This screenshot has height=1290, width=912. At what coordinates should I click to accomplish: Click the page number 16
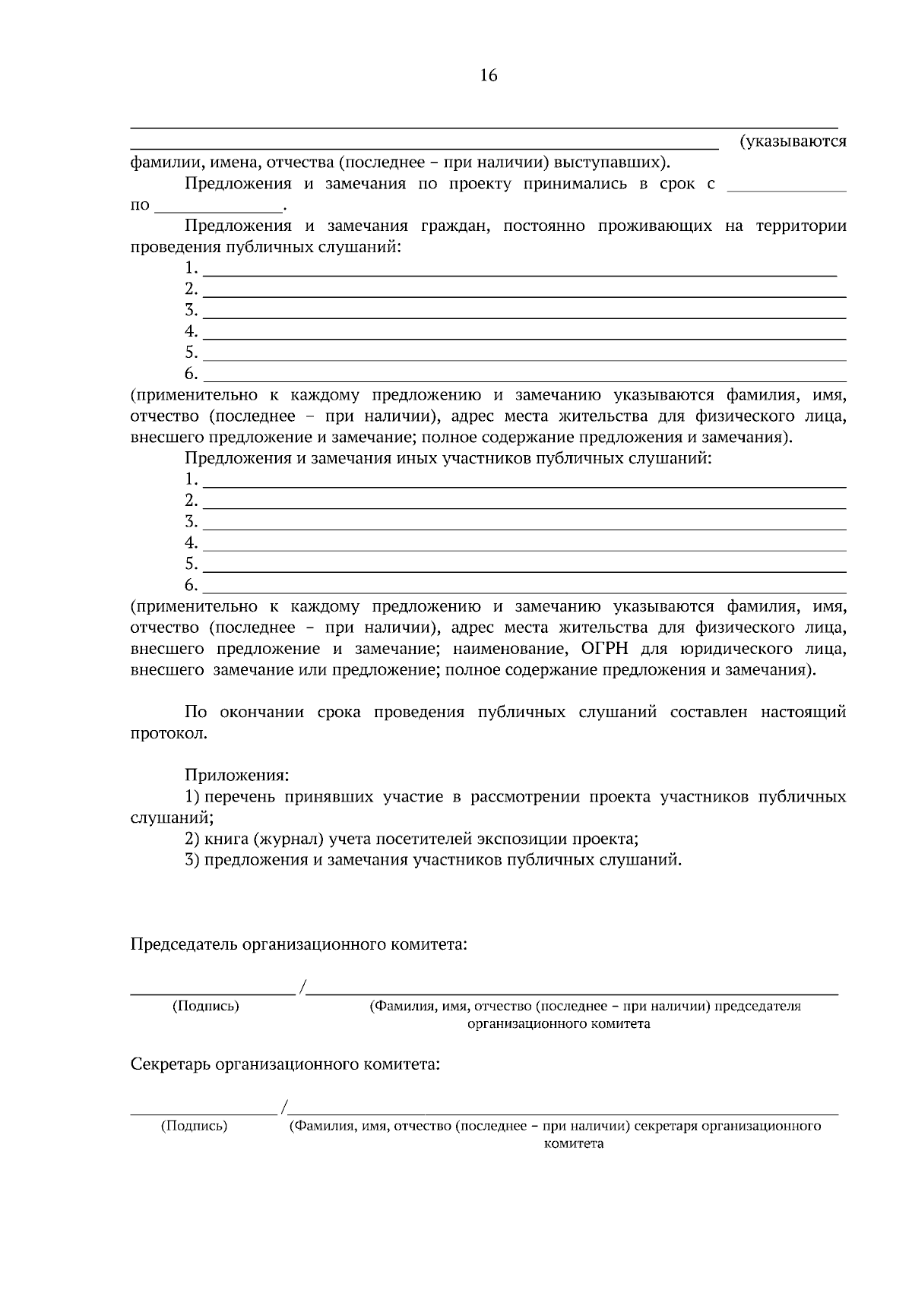click(488, 75)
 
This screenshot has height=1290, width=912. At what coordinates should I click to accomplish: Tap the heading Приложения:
click(236, 776)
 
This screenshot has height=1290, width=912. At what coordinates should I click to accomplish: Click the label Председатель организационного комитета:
click(299, 944)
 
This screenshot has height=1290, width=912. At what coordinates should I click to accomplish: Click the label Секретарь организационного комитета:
click(286, 1064)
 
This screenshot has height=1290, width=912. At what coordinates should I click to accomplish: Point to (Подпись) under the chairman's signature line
click(206, 1006)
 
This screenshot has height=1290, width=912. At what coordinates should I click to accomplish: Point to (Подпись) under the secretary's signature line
click(194, 1126)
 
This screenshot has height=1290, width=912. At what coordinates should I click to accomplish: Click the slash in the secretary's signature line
click(283, 1107)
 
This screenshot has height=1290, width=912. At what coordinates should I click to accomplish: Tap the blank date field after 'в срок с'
click(786, 186)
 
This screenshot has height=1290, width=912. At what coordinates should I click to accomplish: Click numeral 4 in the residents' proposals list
click(191, 331)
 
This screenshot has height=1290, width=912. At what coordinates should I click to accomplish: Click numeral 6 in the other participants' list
click(191, 585)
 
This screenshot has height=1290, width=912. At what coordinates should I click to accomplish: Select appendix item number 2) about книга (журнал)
click(192, 839)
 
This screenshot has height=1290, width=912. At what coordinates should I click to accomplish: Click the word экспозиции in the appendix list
click(522, 839)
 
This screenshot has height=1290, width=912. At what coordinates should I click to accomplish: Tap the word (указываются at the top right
click(793, 141)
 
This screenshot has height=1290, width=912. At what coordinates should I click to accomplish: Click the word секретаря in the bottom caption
click(665, 1126)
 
